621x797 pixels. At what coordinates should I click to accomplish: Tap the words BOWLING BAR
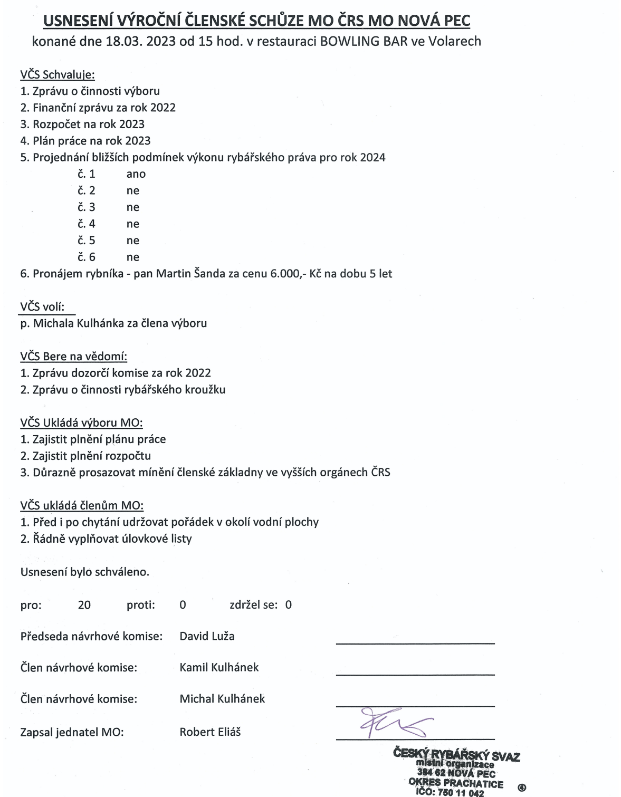pos(364,41)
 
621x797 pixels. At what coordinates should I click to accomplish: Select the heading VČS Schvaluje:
pos(58,74)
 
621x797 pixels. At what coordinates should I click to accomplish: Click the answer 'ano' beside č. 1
pos(136,174)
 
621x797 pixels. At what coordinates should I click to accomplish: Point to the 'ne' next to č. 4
pos(132,224)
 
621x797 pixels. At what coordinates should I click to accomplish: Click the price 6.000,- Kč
pos(288,274)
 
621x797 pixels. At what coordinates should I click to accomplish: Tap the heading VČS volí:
pos(42,306)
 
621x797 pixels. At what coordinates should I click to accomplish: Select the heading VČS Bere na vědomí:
pos(73,357)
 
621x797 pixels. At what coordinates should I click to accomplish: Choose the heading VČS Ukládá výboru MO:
pos(81,422)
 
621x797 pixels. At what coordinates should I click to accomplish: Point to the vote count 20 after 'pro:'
pos(84,605)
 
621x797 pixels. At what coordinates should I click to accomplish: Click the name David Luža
pos(207,636)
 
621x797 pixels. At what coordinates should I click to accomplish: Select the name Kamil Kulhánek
pos(219,667)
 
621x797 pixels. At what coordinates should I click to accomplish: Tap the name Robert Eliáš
pos(210,732)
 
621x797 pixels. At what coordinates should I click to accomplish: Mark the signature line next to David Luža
pos(415,643)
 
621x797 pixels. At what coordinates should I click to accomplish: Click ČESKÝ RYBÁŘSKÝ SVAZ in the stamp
pos(456,755)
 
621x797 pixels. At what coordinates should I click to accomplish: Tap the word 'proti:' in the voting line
pos(140,605)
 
